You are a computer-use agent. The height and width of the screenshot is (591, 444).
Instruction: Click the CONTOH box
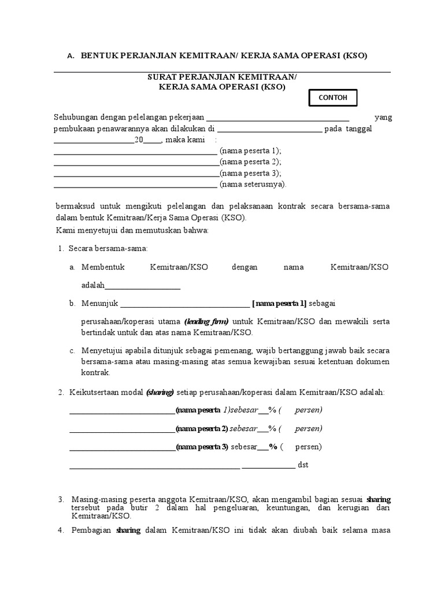(x=332, y=98)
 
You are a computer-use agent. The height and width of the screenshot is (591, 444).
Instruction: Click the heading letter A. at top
(x=71, y=56)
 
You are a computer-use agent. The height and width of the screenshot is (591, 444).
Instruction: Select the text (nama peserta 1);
(x=250, y=151)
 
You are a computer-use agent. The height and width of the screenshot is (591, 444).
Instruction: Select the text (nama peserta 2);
(x=250, y=162)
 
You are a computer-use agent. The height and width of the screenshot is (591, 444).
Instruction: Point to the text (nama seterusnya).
(x=253, y=185)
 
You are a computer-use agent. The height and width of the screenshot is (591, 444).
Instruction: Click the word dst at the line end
(x=303, y=465)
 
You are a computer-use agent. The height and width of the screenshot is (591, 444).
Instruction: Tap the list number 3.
(x=61, y=499)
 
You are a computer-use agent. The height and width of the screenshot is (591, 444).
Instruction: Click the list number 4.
(x=61, y=530)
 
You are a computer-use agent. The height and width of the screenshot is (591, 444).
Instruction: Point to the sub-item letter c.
(x=72, y=350)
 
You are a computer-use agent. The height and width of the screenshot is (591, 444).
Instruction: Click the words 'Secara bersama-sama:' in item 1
(x=108, y=248)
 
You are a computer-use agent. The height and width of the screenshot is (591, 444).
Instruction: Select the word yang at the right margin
(x=383, y=118)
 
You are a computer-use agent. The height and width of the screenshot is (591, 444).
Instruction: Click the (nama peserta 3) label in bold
(x=202, y=447)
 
